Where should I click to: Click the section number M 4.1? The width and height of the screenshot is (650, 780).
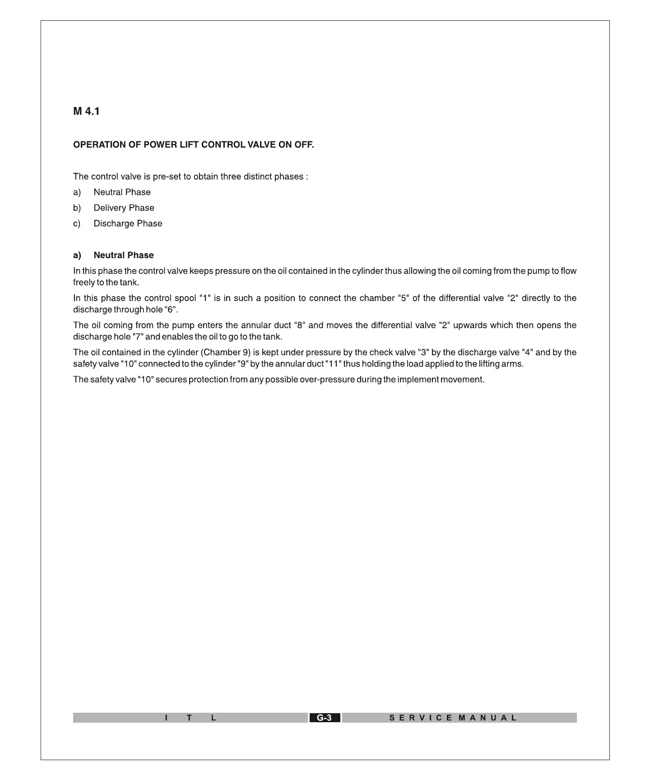[86, 111]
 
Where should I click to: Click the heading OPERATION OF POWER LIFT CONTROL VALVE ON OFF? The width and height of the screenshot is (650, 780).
[193, 145]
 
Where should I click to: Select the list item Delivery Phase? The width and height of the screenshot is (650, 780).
[124, 208]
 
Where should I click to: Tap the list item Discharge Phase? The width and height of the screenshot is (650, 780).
[128, 224]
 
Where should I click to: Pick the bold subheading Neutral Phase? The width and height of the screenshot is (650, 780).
[123, 255]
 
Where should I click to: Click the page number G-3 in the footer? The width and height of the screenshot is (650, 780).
[324, 718]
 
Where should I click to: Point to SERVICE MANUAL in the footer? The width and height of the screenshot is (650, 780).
[453, 718]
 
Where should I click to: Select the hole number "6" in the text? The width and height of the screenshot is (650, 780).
[171, 310]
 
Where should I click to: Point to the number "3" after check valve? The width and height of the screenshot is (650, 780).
[423, 353]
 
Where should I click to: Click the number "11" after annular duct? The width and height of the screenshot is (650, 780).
[332, 364]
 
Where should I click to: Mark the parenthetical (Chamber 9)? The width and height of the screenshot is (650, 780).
[225, 353]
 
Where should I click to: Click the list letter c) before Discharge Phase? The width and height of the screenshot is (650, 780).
[77, 224]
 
